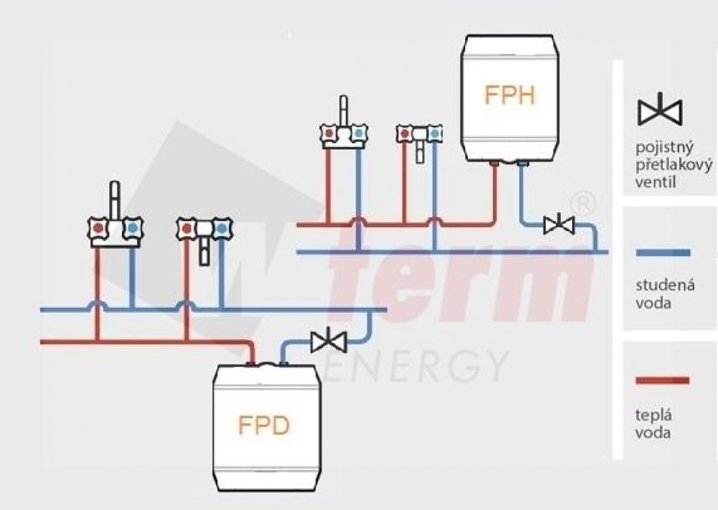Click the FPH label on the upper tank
click(x=509, y=95)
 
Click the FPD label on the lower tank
click(x=264, y=425)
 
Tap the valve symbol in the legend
click(x=661, y=110)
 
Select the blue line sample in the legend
click(x=663, y=252)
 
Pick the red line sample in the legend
click(x=663, y=380)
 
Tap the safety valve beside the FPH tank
click(x=558, y=225)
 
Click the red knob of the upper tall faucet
click(x=329, y=133)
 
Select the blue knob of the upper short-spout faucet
click(x=434, y=133)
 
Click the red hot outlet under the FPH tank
click(x=495, y=165)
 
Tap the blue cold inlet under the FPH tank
click(x=522, y=166)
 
